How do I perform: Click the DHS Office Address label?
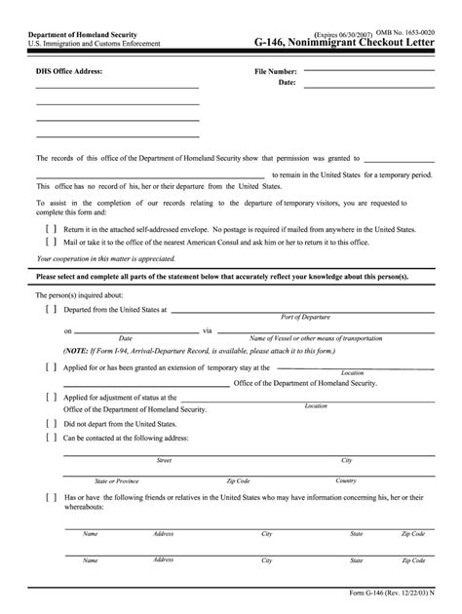pyautogui.click(x=69, y=71)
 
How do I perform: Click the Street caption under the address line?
pyautogui.click(x=165, y=460)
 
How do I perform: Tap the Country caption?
pyautogui.click(x=346, y=480)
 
